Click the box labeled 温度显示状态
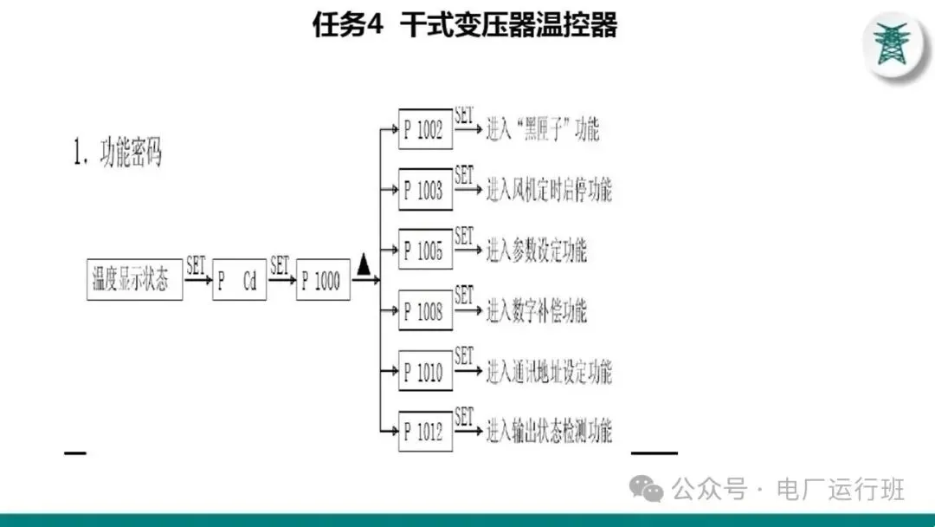(134, 279)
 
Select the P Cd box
(239, 280)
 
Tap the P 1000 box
(323, 280)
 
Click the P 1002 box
(425, 129)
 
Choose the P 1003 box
(425, 190)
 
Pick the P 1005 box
(425, 250)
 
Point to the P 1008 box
(425, 310)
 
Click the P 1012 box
(425, 431)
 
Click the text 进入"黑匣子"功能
(543, 131)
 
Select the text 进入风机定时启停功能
(549, 190)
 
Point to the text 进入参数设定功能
(537, 251)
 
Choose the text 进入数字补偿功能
(537, 311)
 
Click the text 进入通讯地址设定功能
(549, 373)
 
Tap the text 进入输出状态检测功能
(549, 431)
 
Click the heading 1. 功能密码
(118, 154)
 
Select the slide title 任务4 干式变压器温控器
(465, 25)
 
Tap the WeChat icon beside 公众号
(647, 490)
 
